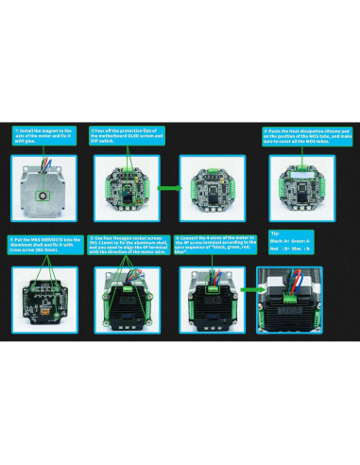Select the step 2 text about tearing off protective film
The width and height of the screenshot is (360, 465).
click(x=128, y=134)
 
